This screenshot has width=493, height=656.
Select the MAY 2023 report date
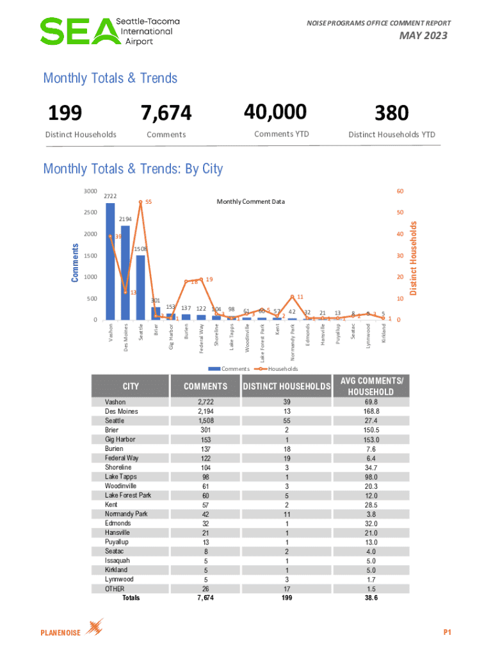click(x=423, y=36)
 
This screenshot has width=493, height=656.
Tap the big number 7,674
click(x=166, y=113)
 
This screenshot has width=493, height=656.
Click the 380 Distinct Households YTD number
click(x=391, y=113)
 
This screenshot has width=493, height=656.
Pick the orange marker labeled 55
click(x=140, y=202)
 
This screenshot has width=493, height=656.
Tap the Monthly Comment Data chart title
click(x=250, y=202)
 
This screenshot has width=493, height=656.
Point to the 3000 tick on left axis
click(x=90, y=191)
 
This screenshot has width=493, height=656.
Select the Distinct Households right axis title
click(x=414, y=259)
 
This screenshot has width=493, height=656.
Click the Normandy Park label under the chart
click(x=292, y=342)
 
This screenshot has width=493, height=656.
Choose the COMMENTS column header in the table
click(x=206, y=386)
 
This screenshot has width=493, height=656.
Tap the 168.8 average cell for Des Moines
click(x=370, y=411)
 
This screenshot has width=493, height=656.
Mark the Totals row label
click(x=131, y=598)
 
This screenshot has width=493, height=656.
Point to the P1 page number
click(x=448, y=633)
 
